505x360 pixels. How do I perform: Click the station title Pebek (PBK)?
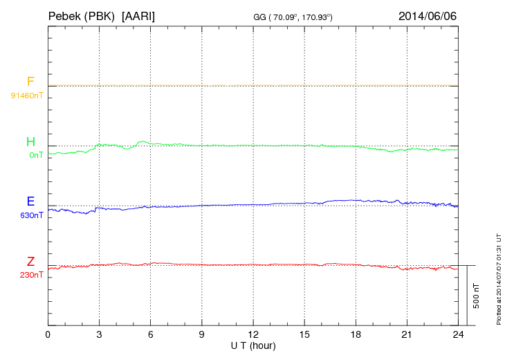(82, 15)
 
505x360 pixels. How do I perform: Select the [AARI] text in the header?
(138, 15)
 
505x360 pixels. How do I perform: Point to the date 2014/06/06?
(428, 15)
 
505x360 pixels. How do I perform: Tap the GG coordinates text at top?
(294, 16)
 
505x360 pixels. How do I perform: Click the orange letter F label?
(30, 82)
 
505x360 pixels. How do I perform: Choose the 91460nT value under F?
(27, 95)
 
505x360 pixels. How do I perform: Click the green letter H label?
(30, 143)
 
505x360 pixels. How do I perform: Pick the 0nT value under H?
(36, 155)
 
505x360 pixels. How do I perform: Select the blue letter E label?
(30, 202)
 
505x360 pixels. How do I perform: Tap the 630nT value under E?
(33, 215)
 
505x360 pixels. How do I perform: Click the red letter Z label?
(30, 262)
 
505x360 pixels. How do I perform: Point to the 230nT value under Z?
(33, 275)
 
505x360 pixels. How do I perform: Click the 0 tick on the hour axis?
(48, 334)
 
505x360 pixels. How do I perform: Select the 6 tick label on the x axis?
(151, 334)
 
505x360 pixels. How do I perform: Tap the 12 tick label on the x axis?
(253, 334)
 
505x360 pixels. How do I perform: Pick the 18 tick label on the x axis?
(356, 334)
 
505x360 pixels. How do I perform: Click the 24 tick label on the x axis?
(459, 334)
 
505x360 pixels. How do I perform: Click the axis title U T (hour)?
(253, 345)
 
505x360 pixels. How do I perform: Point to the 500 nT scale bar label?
(477, 295)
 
